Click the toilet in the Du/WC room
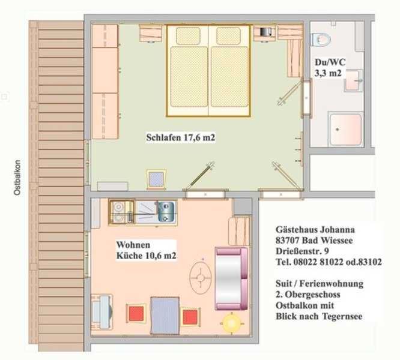click(x=321, y=39)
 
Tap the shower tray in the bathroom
click(x=346, y=129)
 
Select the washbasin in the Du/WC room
click(x=353, y=80)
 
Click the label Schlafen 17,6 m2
click(x=181, y=137)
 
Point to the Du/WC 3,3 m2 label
click(x=329, y=68)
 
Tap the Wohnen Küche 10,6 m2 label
click(x=146, y=250)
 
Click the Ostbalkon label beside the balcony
click(x=17, y=178)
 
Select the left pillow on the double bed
click(x=188, y=35)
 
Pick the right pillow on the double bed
click(x=229, y=35)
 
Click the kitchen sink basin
click(x=166, y=211)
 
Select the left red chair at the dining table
click(x=136, y=314)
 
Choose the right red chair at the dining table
click(x=190, y=317)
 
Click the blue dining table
click(x=165, y=315)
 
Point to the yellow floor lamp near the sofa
click(x=231, y=323)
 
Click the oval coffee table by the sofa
click(x=201, y=277)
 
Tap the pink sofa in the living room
click(x=231, y=278)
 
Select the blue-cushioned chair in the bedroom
click(x=156, y=179)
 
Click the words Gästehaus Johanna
click(x=315, y=230)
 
